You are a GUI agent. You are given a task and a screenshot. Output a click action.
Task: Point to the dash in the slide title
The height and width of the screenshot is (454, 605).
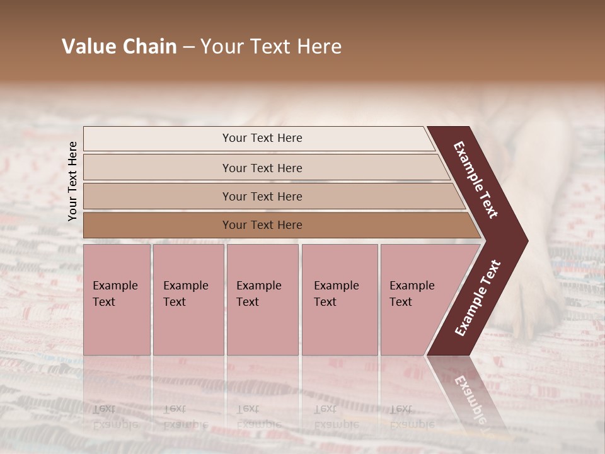[188, 47]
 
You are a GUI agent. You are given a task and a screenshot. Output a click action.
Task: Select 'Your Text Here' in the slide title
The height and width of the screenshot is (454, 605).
[271, 47]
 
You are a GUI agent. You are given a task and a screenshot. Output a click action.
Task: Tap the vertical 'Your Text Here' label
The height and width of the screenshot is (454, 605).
[72, 181]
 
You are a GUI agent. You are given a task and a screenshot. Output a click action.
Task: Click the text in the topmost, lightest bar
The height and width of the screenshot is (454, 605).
[262, 138]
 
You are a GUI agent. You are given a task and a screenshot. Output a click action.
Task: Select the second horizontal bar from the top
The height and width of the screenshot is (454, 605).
[262, 168]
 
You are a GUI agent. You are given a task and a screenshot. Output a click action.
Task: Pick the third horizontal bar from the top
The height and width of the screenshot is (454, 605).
[262, 197]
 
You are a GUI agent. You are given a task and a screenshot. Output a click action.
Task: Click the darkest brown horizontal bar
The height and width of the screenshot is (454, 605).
[262, 225]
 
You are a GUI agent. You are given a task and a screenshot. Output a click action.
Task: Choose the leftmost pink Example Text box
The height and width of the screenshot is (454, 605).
[117, 300]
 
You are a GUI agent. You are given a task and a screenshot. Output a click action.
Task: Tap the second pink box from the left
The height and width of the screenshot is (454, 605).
[188, 300]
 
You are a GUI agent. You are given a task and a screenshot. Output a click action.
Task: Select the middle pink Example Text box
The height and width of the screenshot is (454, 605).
[262, 300]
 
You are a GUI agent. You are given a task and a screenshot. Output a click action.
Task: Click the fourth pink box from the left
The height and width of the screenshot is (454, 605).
[339, 300]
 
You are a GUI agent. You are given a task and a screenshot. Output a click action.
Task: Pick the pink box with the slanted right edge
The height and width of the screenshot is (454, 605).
[416, 300]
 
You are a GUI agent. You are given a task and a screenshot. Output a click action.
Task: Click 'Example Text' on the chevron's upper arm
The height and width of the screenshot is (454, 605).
[476, 180]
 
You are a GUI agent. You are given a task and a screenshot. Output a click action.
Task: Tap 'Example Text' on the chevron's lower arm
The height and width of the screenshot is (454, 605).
[478, 298]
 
